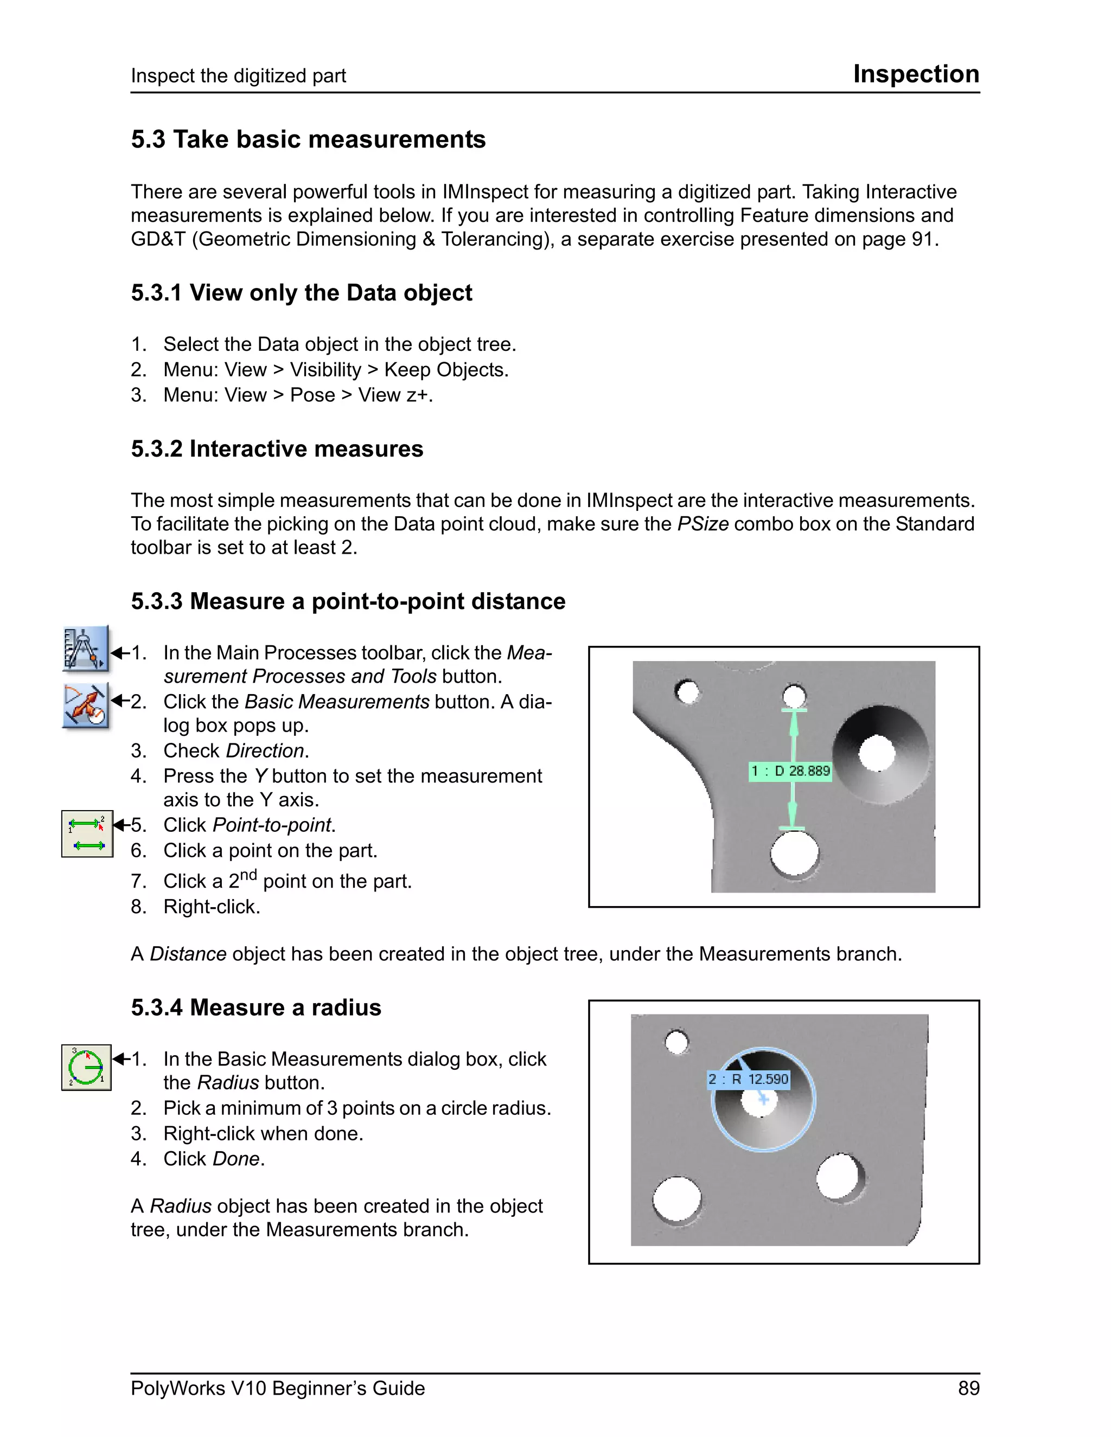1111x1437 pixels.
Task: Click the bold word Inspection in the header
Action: (x=916, y=74)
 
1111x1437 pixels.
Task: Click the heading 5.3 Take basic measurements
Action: (x=308, y=139)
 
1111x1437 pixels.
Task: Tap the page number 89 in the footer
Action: (x=968, y=1388)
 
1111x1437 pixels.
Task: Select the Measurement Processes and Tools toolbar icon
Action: (x=86, y=649)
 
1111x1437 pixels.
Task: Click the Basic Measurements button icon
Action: (x=86, y=705)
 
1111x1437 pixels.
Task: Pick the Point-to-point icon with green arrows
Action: (x=87, y=833)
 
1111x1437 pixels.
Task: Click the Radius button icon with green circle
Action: (x=86, y=1067)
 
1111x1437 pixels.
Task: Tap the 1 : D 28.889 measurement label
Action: (x=790, y=771)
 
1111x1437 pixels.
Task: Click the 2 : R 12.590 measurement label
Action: (x=748, y=1079)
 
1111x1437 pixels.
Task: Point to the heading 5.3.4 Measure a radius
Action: (x=256, y=1008)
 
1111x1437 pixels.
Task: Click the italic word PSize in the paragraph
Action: (x=703, y=524)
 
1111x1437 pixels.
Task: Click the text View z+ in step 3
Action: (x=394, y=395)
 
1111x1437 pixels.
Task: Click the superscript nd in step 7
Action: (x=248, y=875)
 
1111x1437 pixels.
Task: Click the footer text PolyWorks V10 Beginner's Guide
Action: (x=277, y=1388)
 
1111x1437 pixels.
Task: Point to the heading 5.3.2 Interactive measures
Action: (x=277, y=449)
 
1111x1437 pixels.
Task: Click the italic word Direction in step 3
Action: (x=265, y=750)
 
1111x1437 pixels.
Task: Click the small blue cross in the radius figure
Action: (x=763, y=1099)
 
